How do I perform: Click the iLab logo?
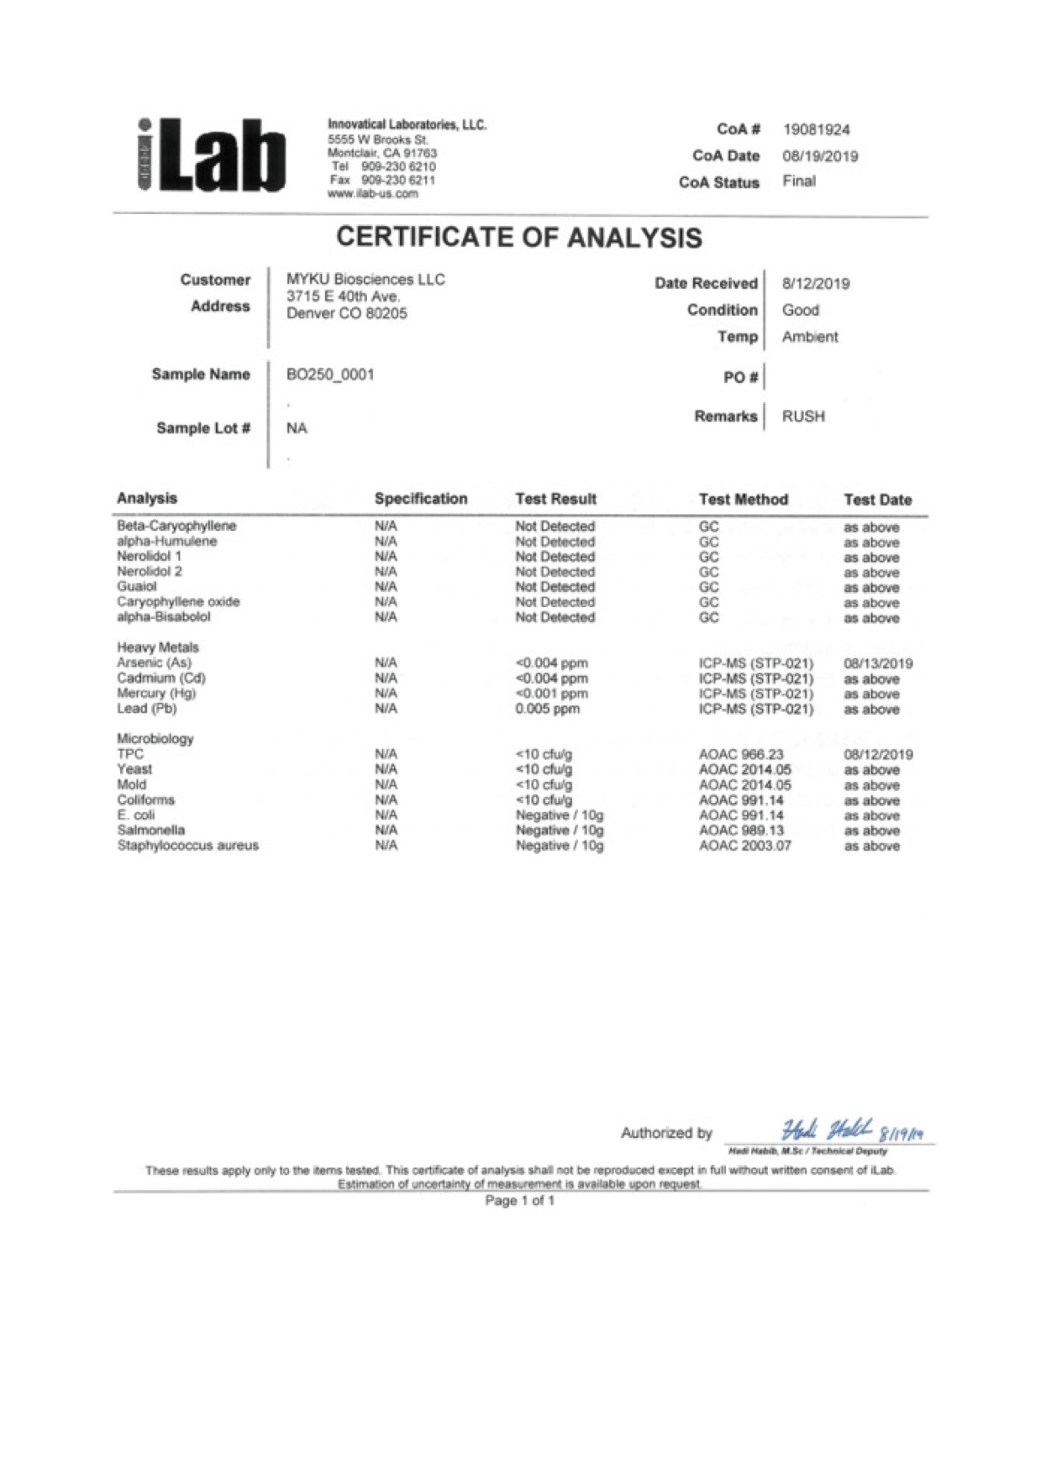(x=211, y=155)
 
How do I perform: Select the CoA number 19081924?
(x=816, y=130)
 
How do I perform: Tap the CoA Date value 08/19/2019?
(x=820, y=156)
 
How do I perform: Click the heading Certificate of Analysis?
(x=519, y=238)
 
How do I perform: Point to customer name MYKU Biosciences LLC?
(x=365, y=280)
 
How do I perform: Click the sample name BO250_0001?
(x=330, y=375)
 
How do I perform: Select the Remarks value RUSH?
(x=803, y=417)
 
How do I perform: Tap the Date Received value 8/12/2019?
(x=815, y=284)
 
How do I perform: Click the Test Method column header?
(x=743, y=500)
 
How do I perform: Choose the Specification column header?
(x=420, y=499)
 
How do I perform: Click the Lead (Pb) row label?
(x=147, y=709)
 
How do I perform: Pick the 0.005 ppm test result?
(x=547, y=709)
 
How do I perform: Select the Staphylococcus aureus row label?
(x=187, y=846)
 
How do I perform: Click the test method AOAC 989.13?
(x=741, y=831)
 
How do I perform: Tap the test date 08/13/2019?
(x=878, y=663)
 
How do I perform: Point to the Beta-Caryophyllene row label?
(x=176, y=527)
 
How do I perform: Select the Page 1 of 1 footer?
(x=519, y=1201)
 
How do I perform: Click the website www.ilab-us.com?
(x=372, y=194)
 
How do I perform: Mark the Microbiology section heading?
(x=155, y=739)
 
